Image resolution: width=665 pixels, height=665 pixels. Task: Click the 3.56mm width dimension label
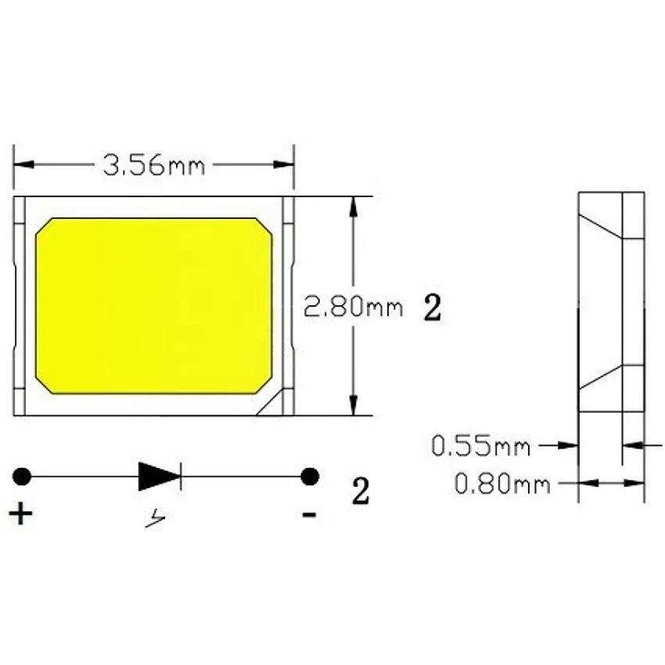153,165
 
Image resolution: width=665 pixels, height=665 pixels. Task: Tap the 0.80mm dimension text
502,484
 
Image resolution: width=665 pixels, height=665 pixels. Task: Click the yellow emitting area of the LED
154,306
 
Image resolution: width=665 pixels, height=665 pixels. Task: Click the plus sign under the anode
21,514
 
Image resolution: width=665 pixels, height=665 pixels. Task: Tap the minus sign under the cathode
310,515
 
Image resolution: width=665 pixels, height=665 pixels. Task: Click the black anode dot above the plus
22,476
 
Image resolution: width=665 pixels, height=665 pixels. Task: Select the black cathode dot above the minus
311,476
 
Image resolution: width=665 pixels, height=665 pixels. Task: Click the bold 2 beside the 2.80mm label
432,308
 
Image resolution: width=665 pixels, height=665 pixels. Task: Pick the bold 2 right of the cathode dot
360,492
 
